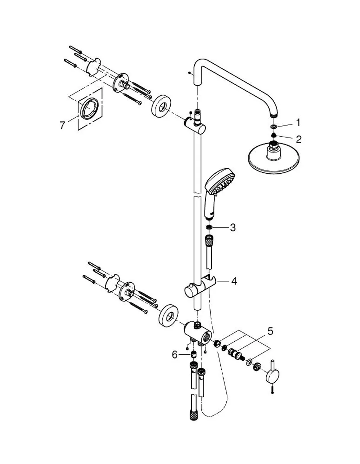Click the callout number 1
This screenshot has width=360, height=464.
coord(298,123)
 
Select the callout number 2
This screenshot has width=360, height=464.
coord(298,140)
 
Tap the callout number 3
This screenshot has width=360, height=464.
coord(233,228)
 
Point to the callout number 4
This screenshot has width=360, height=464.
coord(234,281)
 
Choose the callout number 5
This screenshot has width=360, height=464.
coord(270,331)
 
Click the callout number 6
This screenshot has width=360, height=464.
coord(175,355)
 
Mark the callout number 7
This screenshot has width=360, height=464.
coord(62,125)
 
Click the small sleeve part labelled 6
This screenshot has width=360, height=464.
coord(194,355)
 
